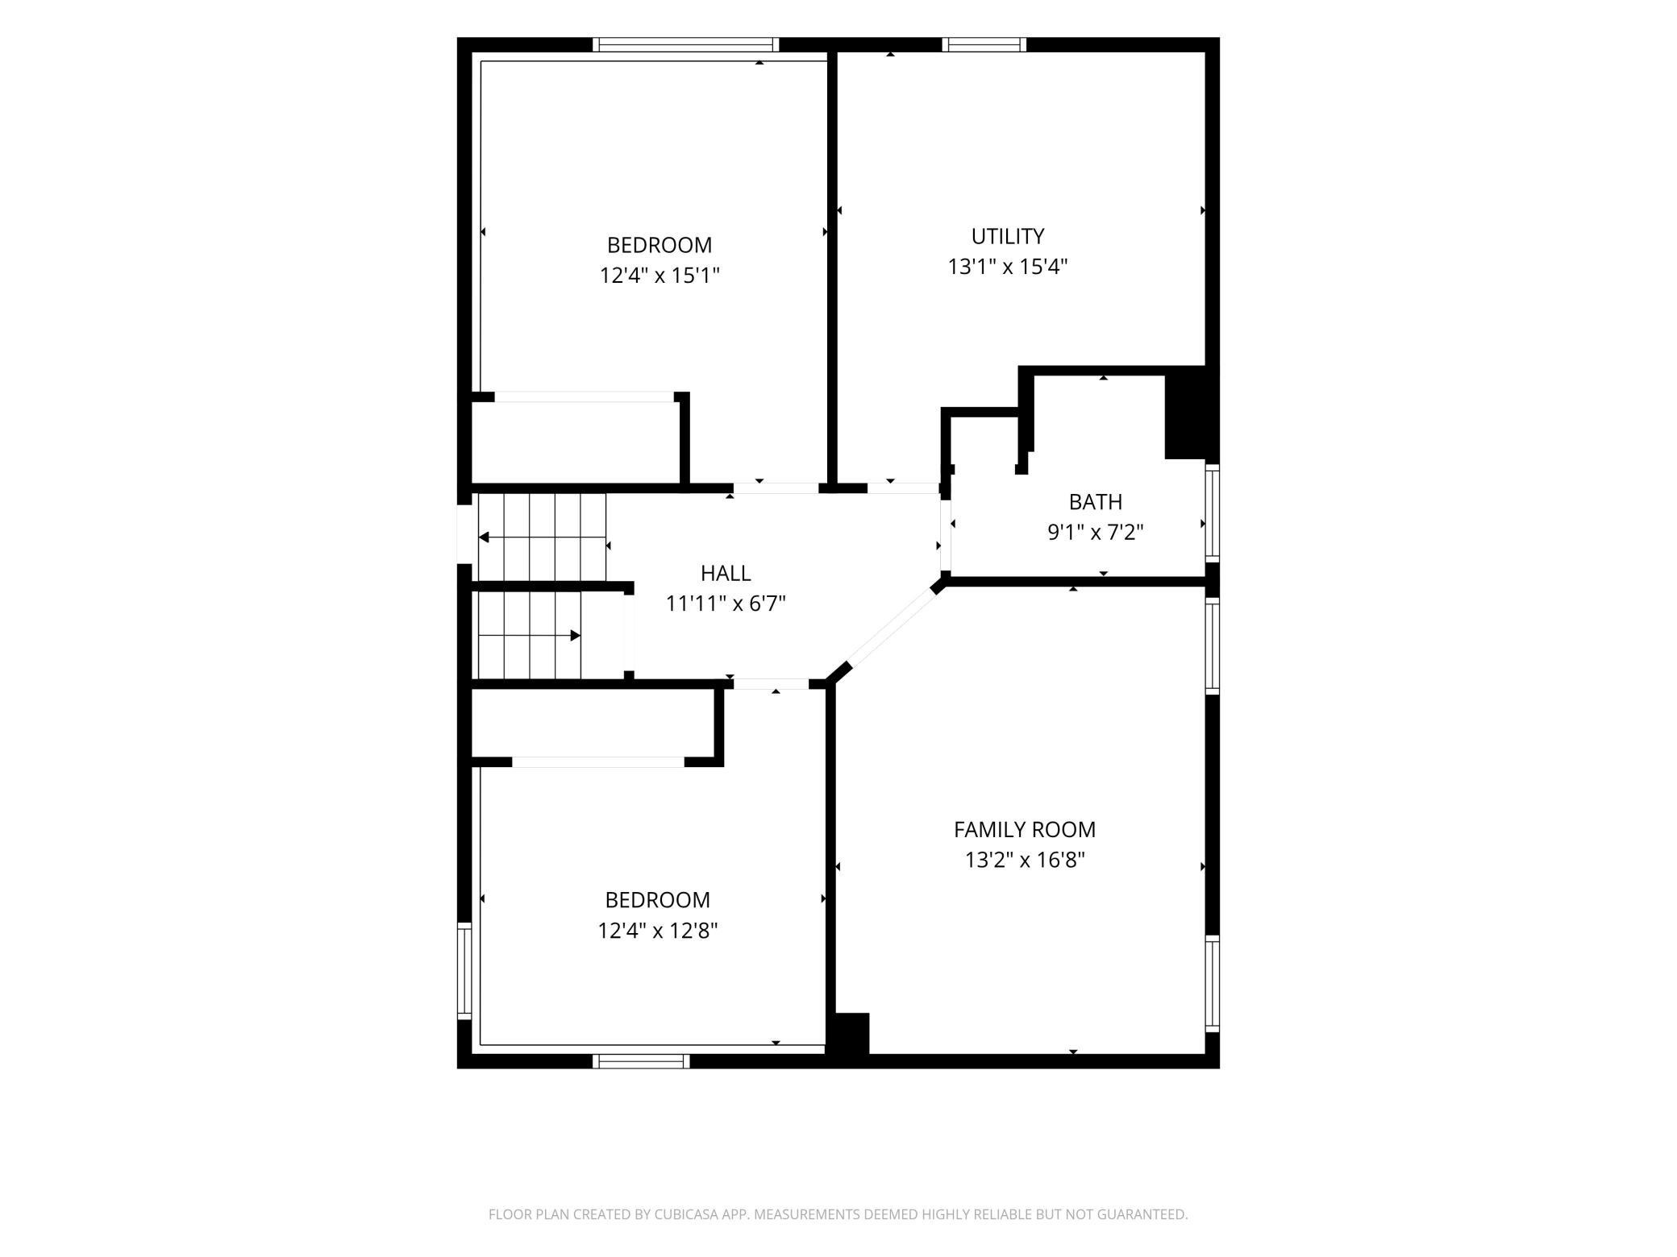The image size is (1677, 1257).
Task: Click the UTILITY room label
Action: click(x=1008, y=236)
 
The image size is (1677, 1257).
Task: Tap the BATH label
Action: click(x=1095, y=502)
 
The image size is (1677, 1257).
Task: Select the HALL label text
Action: click(x=726, y=573)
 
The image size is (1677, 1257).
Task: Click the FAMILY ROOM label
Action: click(x=1025, y=829)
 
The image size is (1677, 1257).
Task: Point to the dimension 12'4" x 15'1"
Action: click(x=660, y=276)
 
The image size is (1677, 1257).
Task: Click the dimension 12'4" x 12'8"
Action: click(x=658, y=931)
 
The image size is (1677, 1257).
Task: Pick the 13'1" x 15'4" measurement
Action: click(x=1008, y=267)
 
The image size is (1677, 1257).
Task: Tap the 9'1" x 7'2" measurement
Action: click(x=1096, y=533)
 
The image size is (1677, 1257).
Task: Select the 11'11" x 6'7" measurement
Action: click(x=726, y=604)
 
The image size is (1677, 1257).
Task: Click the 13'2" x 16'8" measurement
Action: click(x=1025, y=860)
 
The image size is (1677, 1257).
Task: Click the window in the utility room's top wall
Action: click(x=984, y=44)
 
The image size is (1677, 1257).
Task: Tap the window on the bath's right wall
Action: click(x=1212, y=512)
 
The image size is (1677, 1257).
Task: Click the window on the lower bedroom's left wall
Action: click(x=464, y=970)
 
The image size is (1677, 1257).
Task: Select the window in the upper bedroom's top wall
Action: click(x=686, y=44)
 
